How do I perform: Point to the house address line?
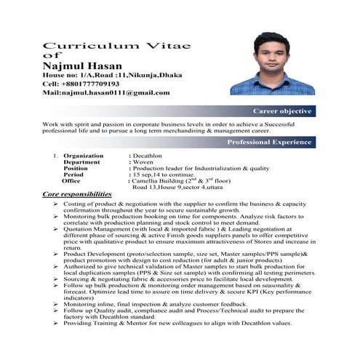click(x=102, y=75)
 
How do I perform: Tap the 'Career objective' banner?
click(x=283, y=111)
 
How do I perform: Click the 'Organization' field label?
click(x=83, y=156)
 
